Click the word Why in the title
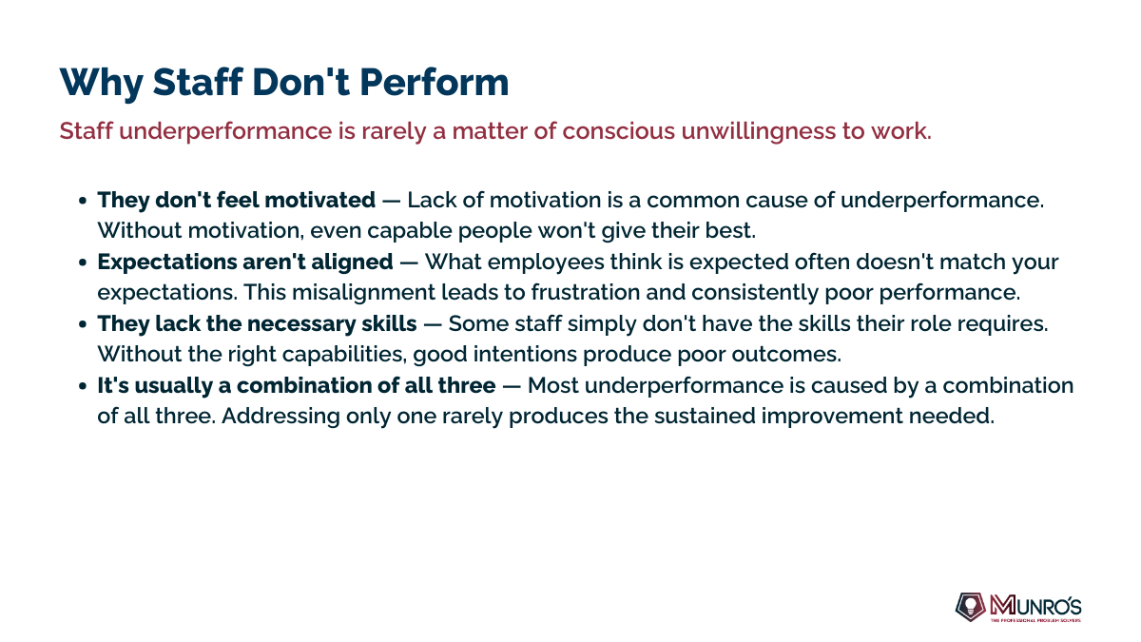(x=101, y=83)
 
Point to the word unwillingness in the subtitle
(x=758, y=132)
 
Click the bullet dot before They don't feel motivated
(x=83, y=201)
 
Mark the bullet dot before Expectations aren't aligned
(x=83, y=263)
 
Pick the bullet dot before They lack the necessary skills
(x=83, y=324)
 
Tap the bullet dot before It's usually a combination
(x=83, y=386)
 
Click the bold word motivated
(x=319, y=200)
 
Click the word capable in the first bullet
(x=410, y=231)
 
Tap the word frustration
(x=586, y=293)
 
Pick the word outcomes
(x=786, y=354)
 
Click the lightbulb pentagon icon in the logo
(x=971, y=607)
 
